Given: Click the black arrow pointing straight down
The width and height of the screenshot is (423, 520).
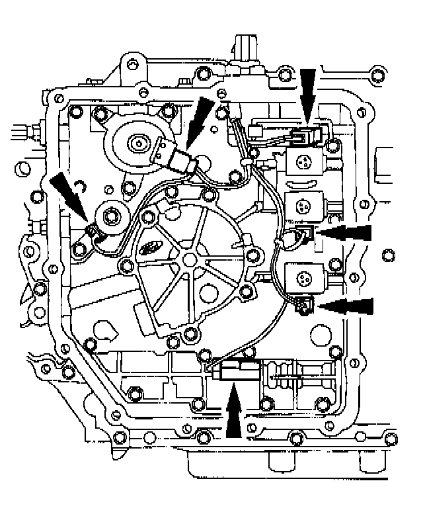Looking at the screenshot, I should coord(308,93).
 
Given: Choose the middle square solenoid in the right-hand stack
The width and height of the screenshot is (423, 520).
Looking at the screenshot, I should coord(303,206).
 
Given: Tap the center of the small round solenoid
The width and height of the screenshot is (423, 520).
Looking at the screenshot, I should coord(109,216).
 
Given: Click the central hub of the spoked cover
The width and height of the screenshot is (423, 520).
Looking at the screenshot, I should coord(189,258).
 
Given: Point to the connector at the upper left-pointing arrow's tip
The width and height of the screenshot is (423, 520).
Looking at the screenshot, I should coord(306,232).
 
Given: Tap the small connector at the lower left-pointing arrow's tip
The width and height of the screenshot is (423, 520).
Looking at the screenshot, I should coord(303,304).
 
